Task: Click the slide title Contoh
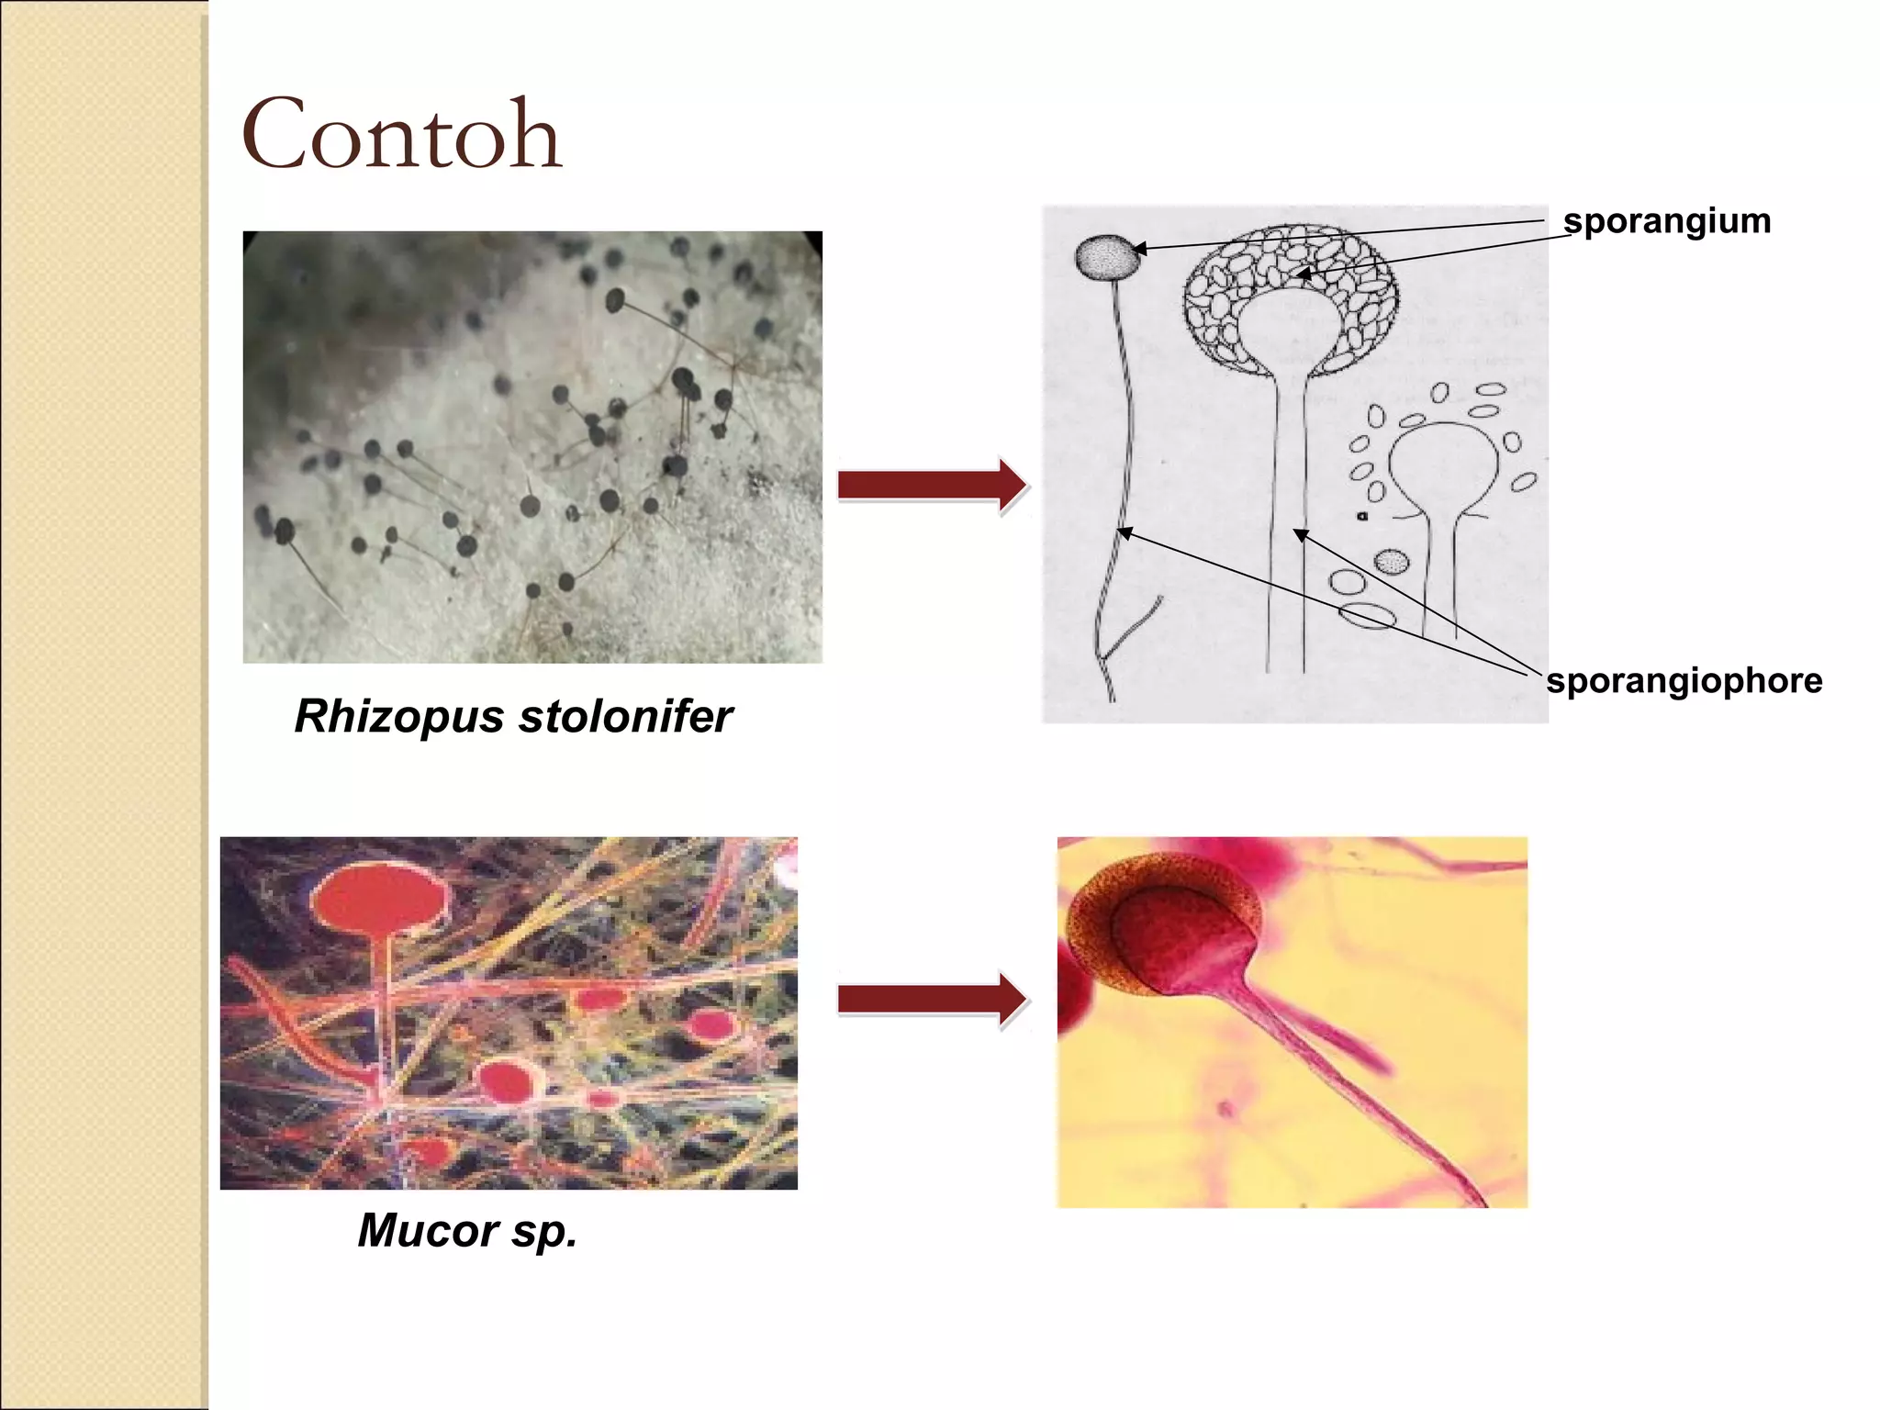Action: click(x=401, y=136)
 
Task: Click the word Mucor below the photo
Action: click(x=428, y=1230)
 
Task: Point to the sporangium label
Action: click(x=1666, y=221)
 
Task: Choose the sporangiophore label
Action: click(x=1684, y=681)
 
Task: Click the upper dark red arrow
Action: click(x=932, y=485)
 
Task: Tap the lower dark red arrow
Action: click(x=932, y=999)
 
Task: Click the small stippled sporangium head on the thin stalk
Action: click(x=1107, y=256)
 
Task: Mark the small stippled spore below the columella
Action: click(x=1392, y=561)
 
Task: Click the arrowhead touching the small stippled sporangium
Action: click(x=1139, y=248)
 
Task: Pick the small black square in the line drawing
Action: click(x=1362, y=516)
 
